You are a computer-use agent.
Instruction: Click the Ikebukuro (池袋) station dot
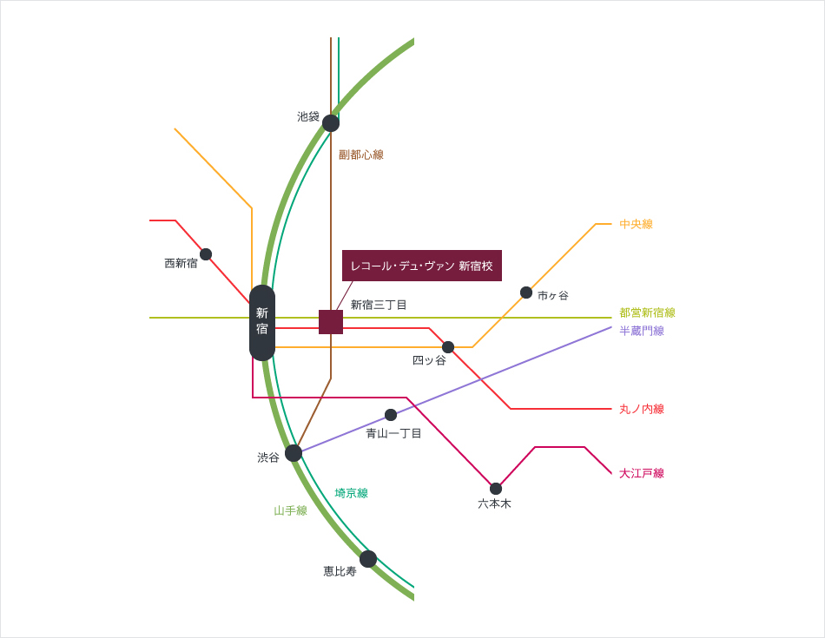(331, 123)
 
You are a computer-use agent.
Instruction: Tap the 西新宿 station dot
(206, 254)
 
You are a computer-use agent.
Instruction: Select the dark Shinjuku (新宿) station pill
(262, 322)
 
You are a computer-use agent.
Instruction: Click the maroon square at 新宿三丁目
(331, 322)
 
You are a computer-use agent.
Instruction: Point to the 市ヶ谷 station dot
(526, 293)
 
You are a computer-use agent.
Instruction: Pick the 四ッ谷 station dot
(448, 347)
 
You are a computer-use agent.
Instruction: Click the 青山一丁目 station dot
(391, 415)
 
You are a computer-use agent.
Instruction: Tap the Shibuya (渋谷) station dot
(294, 453)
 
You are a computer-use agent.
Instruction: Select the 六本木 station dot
(496, 489)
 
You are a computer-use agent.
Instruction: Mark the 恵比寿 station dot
(368, 559)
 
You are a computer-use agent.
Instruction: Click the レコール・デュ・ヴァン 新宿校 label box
(422, 266)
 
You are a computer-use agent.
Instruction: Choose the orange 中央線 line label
(636, 224)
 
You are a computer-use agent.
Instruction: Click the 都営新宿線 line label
(647, 312)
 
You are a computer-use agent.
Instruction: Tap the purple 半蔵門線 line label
(642, 331)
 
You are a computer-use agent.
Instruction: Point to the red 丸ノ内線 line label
(642, 409)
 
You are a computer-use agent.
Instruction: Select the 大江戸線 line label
(642, 473)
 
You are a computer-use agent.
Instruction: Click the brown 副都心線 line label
(361, 155)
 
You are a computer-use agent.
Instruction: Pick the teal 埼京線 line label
(352, 493)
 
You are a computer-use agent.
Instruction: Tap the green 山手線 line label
(291, 510)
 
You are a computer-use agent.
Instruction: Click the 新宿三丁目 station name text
(379, 305)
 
